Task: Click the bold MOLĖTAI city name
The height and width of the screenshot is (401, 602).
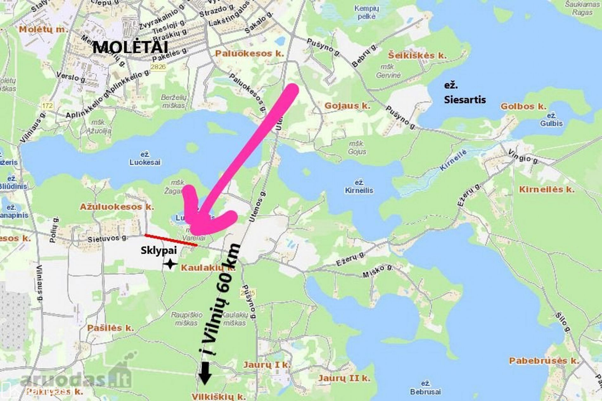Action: point(130,48)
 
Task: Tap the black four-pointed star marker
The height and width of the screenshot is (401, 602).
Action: point(170,264)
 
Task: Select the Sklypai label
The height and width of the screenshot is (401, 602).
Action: point(158,251)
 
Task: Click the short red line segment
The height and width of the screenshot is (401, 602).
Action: point(171,240)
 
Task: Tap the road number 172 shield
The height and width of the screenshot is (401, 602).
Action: point(47,105)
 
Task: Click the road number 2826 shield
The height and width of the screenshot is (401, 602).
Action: point(158,67)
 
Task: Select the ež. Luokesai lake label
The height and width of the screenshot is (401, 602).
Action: point(145,158)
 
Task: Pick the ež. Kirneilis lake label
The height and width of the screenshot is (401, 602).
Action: point(359,187)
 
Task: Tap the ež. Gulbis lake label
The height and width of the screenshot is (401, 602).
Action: point(551,119)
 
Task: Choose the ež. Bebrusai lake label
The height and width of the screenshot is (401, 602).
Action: point(425,388)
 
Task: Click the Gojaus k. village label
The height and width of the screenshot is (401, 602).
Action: point(347,106)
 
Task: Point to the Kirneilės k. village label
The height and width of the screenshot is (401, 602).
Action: point(547,189)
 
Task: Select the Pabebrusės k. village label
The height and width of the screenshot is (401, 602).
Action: point(544,360)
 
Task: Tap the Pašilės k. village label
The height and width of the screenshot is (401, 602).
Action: point(110,328)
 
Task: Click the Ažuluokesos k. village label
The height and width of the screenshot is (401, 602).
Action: point(117,207)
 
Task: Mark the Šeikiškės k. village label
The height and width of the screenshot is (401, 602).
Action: point(417,55)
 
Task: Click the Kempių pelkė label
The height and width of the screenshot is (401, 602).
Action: point(366,12)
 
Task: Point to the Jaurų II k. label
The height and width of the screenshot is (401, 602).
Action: point(344,378)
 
